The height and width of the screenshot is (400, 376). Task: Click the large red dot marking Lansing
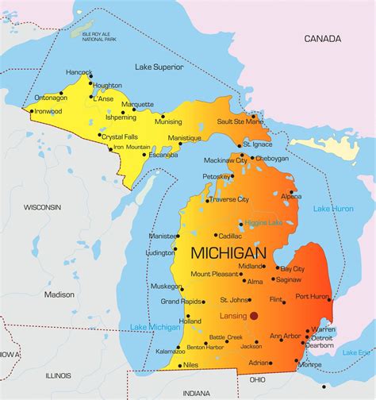pos(254,315)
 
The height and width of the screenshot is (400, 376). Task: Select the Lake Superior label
pos(158,66)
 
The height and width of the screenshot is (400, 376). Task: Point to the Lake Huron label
pos(333,209)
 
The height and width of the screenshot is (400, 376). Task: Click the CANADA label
pos(323,38)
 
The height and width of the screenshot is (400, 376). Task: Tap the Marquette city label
pos(137,104)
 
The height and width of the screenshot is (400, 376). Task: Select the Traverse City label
pos(229,199)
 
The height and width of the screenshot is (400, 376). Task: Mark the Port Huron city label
pos(312,296)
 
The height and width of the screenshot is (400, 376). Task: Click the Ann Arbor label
pos(285,337)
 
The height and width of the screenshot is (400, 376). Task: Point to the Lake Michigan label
pos(154,327)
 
